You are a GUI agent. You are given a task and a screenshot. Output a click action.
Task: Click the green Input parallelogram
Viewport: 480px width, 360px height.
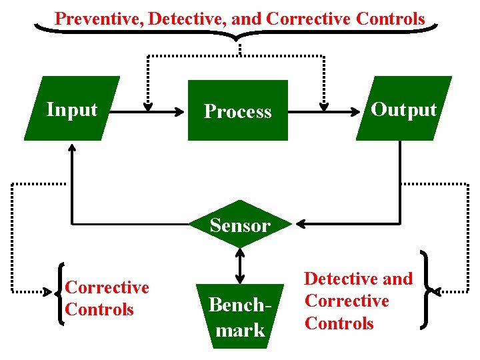[x=72, y=109]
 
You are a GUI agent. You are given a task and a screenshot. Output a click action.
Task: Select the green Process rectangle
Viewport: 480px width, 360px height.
[x=238, y=111]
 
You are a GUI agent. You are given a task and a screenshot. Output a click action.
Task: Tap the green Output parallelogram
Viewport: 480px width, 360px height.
[x=403, y=109]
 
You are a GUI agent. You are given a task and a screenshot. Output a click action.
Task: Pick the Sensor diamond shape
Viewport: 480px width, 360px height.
[x=240, y=225]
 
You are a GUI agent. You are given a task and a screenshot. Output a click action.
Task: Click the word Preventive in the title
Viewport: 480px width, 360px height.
[x=99, y=18]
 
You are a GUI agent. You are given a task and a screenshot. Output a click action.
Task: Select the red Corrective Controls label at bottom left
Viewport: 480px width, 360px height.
[x=107, y=299]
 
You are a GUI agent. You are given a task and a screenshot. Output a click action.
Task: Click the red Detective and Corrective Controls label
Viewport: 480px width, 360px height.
[x=358, y=301]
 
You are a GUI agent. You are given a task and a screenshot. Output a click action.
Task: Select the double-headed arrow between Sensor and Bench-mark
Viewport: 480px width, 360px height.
[x=240, y=265]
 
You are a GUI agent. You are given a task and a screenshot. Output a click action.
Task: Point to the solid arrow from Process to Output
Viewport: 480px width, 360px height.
[x=323, y=111]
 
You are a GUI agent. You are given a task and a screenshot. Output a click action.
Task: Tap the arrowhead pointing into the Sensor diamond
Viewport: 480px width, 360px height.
[x=301, y=223]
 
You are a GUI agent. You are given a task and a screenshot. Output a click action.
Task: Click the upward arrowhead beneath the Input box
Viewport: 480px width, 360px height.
[x=71, y=147]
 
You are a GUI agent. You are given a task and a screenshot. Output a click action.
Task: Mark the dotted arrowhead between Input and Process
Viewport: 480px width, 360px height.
[x=148, y=105]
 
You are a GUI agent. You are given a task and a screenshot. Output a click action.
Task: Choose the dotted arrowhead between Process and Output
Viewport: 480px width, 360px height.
[x=324, y=105]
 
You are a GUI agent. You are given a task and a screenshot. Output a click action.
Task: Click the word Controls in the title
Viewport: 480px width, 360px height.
[x=390, y=18]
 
